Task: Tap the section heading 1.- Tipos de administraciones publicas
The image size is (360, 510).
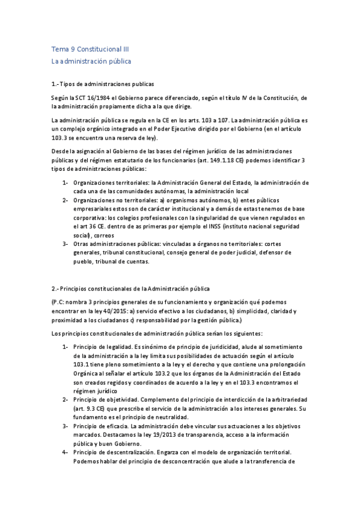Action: click(x=103, y=84)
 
